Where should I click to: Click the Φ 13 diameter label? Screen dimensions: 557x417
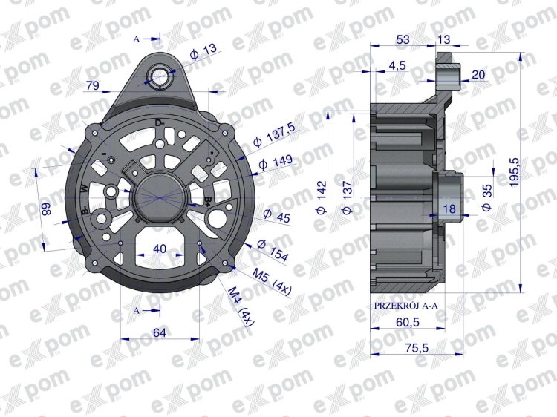pos(203,51)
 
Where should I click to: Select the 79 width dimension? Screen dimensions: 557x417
pos(92,85)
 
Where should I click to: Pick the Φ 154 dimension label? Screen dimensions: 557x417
pos(273,250)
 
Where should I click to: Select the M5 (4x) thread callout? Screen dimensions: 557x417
pos(272,282)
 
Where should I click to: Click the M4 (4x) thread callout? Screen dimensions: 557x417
pos(241,306)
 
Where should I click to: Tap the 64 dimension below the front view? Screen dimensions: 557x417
pos(160,332)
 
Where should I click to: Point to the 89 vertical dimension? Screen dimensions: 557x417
pos(47,209)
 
